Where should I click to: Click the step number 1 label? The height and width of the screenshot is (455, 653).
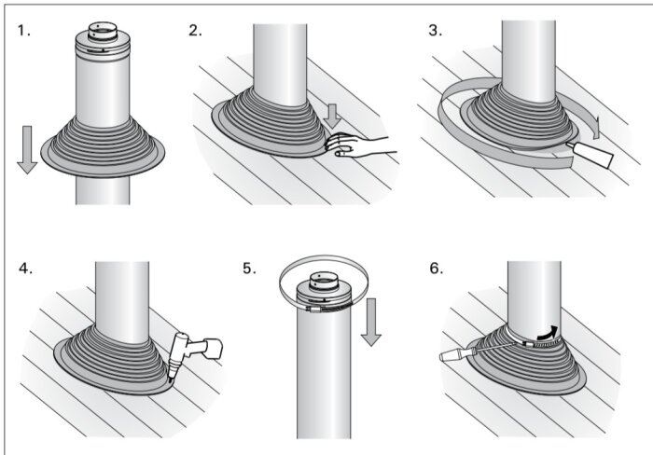pos(24,31)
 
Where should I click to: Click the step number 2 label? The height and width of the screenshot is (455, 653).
pos(195,31)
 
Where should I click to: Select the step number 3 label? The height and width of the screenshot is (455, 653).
pos(436,31)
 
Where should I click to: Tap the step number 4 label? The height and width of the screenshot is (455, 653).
pos(25,269)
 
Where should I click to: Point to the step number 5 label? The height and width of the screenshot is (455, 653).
pos(249,269)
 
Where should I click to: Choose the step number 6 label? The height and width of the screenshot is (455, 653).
pos(437,269)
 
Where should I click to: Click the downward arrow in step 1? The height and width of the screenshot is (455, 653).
pos(27,149)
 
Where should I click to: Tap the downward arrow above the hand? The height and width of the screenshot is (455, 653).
pos(332,117)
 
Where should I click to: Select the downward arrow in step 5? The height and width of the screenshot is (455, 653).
pos(371,322)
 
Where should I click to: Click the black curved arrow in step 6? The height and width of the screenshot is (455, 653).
pos(547,332)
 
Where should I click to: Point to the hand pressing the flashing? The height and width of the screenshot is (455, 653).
pos(361,146)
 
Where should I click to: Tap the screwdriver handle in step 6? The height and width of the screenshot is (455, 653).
pos(455,355)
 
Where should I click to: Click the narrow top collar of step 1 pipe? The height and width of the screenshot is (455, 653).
pos(103,31)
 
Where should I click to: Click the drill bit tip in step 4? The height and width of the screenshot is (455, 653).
pos(171,379)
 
